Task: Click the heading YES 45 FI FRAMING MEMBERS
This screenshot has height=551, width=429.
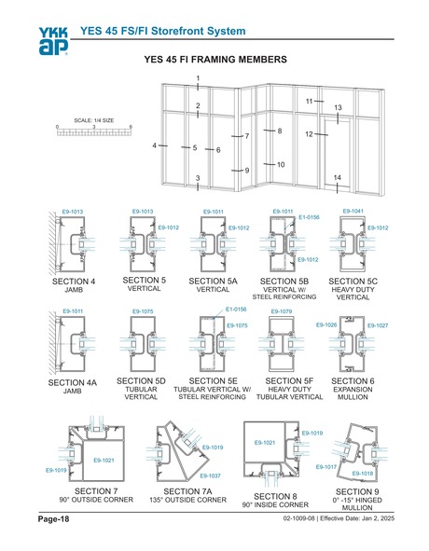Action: (215, 59)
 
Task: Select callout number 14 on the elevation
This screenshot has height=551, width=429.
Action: (337, 178)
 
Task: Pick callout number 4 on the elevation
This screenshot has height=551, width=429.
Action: (155, 146)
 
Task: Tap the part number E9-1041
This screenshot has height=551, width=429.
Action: (354, 211)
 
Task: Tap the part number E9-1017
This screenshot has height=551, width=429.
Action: (325, 465)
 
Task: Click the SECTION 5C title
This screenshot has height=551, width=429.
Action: (355, 281)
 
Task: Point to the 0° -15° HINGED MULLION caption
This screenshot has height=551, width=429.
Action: (356, 503)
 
